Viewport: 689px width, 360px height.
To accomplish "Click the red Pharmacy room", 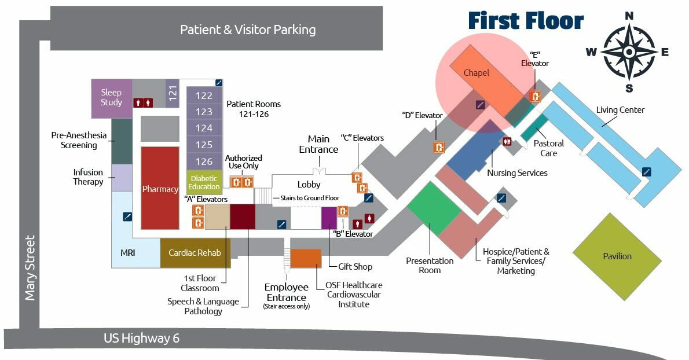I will pyautogui.click(x=160, y=188).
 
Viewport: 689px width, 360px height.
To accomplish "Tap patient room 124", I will pyautogui.click(x=204, y=128).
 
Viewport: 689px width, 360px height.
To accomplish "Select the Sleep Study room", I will pyautogui.click(x=111, y=97).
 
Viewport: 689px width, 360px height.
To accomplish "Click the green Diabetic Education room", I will pyautogui.click(x=204, y=182).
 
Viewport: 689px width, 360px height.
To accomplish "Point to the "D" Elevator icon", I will pyautogui.click(x=439, y=147).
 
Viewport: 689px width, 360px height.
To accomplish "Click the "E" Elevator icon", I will pyautogui.click(x=536, y=97).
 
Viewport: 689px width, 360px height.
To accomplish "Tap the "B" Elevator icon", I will pyautogui.click(x=343, y=211).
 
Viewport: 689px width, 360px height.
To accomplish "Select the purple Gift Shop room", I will pyautogui.click(x=329, y=218).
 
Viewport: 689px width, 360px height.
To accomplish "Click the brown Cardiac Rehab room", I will pyautogui.click(x=195, y=253).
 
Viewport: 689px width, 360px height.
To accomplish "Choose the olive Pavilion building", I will pyautogui.click(x=617, y=256).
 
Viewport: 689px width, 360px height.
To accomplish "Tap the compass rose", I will pyautogui.click(x=629, y=52).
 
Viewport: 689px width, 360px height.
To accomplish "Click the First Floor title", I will pyautogui.click(x=526, y=21).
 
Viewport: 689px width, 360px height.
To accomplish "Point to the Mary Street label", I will pyautogui.click(x=30, y=267).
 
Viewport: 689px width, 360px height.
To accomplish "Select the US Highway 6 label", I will pyautogui.click(x=141, y=339).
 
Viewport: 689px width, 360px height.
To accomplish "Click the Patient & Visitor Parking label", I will pyautogui.click(x=248, y=30).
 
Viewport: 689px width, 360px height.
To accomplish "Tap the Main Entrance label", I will pyautogui.click(x=318, y=144).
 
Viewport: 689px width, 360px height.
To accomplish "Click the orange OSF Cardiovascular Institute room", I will pyautogui.click(x=305, y=258).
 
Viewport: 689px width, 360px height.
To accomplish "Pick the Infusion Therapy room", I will pyautogui.click(x=122, y=177).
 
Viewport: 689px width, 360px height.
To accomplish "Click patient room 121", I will pyautogui.click(x=172, y=93).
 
